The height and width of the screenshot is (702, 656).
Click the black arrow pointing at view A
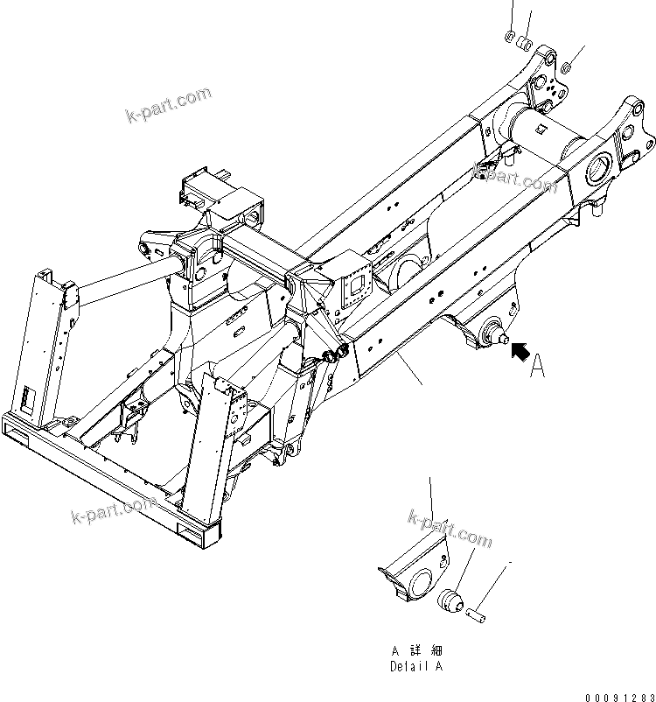point(520,353)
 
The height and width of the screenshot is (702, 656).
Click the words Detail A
point(416,666)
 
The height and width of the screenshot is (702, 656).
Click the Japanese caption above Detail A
point(416,651)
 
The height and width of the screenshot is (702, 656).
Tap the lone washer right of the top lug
point(567,66)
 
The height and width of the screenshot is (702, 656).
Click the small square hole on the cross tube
point(543,131)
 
